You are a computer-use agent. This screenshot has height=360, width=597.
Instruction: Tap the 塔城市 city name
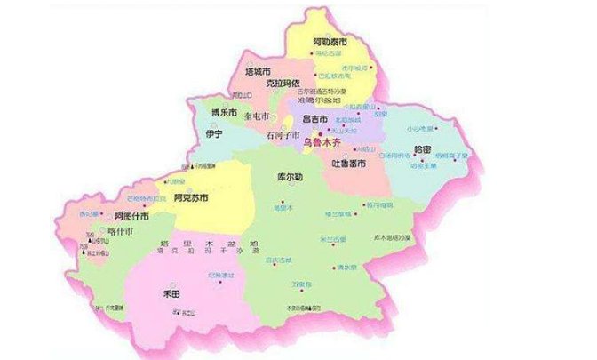click(x=256, y=71)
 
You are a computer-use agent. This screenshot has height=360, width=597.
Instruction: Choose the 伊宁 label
click(x=213, y=133)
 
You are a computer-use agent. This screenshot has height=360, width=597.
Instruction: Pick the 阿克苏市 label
click(x=192, y=197)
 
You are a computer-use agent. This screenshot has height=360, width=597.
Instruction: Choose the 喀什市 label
click(x=119, y=230)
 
